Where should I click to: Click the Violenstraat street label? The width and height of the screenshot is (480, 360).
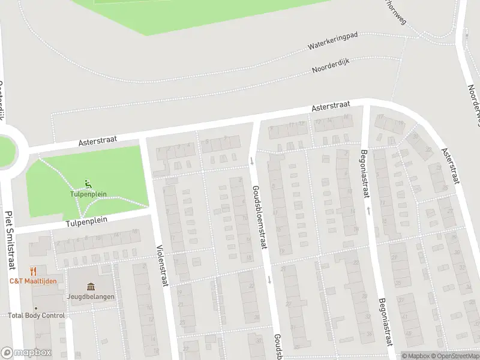click(160, 263)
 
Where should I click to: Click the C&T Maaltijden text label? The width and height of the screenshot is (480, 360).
click(33, 281)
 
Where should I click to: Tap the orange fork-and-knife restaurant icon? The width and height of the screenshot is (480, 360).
click(33, 271)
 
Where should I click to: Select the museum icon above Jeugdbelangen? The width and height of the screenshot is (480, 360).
click(91, 286)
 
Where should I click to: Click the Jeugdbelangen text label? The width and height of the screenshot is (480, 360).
click(91, 296)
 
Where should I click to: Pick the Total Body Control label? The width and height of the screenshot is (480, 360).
click(36, 316)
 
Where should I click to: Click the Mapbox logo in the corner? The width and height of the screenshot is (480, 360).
click(26, 353)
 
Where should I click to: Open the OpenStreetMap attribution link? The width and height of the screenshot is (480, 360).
click(457, 356)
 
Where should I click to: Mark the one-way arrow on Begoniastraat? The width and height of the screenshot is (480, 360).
click(368, 211)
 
